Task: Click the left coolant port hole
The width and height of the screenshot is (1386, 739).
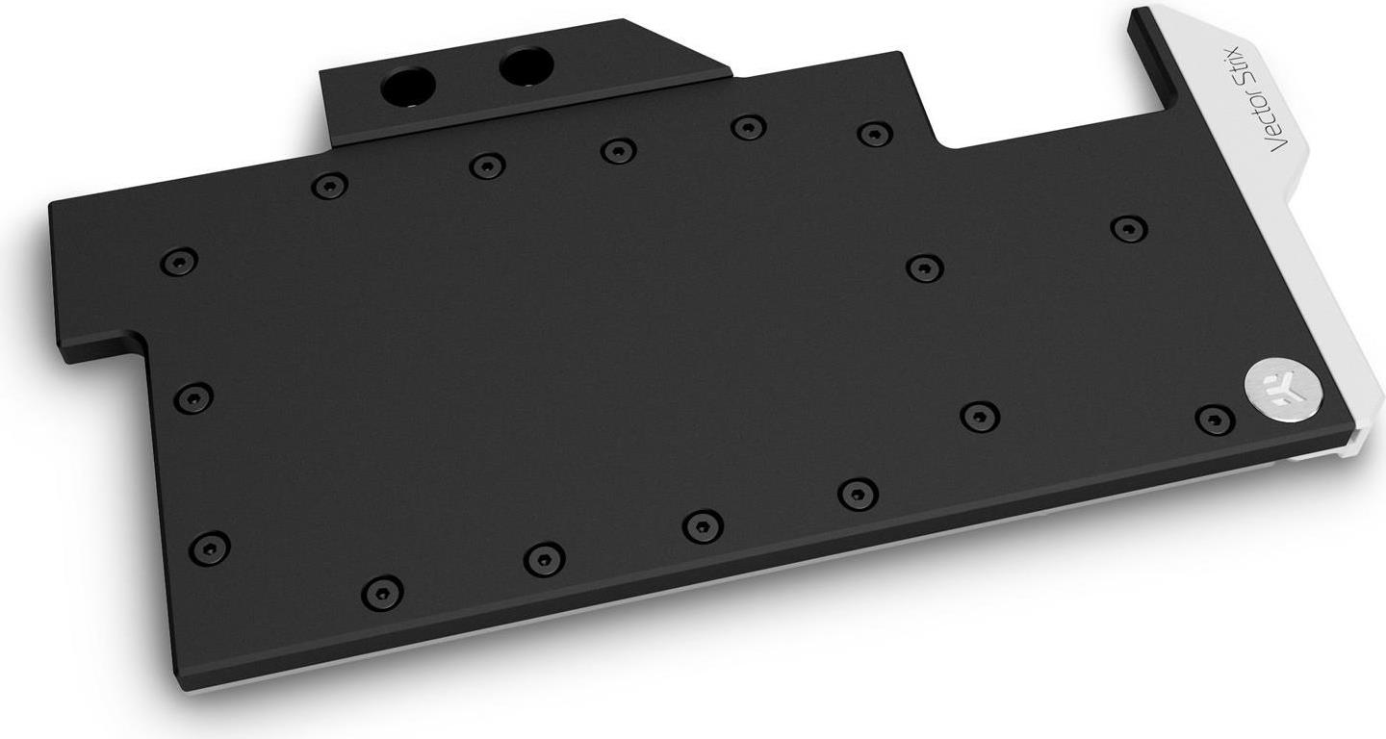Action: point(408,87)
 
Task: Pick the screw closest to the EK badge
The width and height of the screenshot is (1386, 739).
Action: point(1215,420)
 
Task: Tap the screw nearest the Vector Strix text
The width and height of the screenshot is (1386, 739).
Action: point(1128,229)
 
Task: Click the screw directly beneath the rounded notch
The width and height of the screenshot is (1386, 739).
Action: point(924,268)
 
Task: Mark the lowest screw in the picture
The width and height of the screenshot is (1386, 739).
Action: point(382,592)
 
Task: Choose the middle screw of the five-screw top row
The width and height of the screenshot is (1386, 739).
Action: point(618,151)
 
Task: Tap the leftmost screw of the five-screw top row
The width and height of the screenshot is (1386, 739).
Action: point(329,186)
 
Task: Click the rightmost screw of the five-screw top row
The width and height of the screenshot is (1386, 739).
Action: point(874,134)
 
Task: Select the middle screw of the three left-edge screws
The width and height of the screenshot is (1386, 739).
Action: point(193,396)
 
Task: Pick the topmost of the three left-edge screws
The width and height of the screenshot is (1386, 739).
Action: point(179,261)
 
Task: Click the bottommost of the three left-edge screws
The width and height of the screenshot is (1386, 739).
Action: point(209,548)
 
